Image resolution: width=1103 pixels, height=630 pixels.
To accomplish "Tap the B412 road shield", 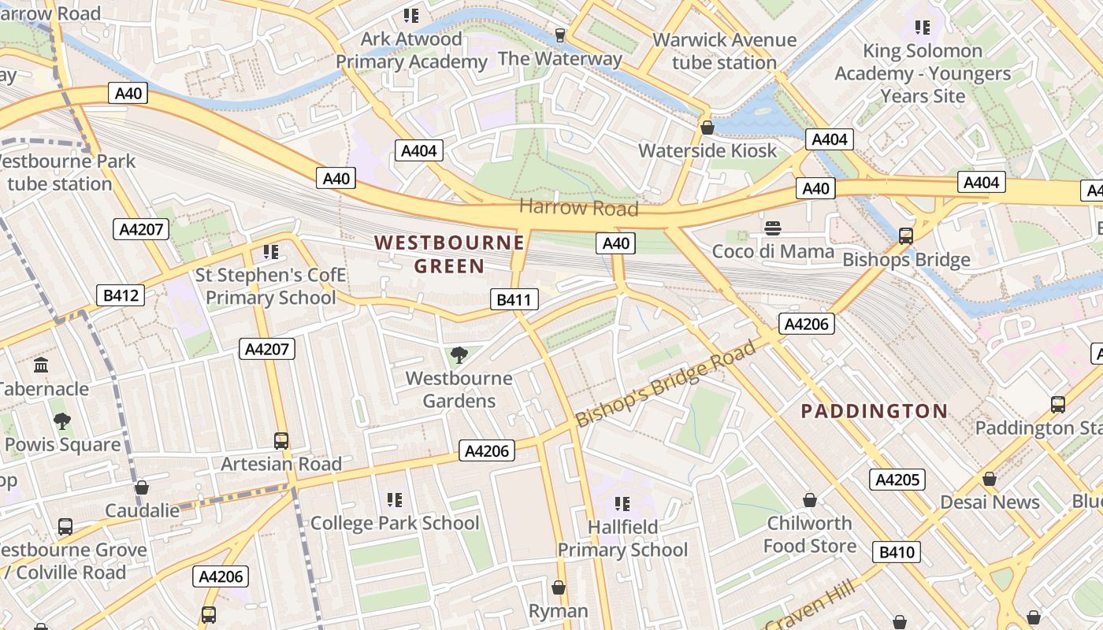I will click(121, 295).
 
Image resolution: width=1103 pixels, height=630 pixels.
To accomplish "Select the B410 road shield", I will click(897, 552).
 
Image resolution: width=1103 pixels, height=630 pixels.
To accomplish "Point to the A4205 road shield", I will click(897, 480).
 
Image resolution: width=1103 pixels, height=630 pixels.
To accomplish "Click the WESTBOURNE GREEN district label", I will click(449, 254).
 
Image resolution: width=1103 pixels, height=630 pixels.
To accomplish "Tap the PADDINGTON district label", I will click(874, 410).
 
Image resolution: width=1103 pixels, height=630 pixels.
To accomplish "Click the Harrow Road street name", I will click(578, 208).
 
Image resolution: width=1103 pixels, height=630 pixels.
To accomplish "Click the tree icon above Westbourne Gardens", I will click(459, 355).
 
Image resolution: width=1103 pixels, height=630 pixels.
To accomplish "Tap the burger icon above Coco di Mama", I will click(773, 228).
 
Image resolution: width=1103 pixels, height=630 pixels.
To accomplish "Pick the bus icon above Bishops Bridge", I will click(905, 235).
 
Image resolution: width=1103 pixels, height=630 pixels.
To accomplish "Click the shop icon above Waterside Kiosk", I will click(707, 128).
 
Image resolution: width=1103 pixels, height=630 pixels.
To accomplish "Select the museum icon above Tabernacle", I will click(41, 365).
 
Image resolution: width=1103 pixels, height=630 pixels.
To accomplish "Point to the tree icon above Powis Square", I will click(62, 421).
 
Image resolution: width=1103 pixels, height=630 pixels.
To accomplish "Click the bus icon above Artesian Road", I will click(281, 441).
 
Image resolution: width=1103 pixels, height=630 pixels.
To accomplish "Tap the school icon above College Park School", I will click(395, 500).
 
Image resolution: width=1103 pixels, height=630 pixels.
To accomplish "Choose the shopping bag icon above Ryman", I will click(559, 587).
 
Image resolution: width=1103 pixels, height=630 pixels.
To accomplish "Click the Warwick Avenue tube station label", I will click(724, 50).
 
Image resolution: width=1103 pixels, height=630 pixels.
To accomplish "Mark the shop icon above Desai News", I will click(990, 479).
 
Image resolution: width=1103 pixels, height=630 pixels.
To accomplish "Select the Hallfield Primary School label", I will click(622, 538).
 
